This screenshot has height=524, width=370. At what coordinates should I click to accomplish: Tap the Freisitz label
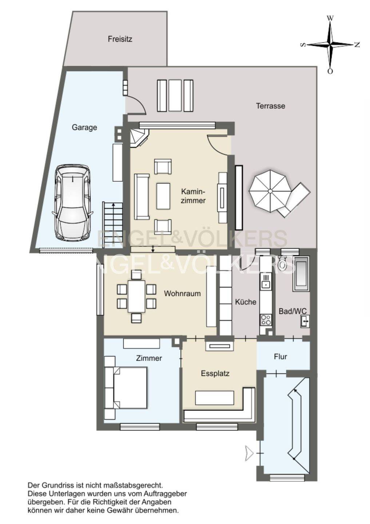pos(120,39)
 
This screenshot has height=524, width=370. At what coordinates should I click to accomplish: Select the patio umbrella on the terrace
pos(270,191)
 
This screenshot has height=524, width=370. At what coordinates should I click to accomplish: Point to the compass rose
pos(330,44)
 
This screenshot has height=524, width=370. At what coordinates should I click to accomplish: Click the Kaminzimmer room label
pos(193,196)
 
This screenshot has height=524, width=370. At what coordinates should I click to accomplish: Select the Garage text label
pos(84,127)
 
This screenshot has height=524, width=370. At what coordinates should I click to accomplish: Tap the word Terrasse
pos(270,106)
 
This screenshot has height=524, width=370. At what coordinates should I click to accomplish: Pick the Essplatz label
pos(215,373)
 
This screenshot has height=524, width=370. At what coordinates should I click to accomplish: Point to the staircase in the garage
pos(113,222)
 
